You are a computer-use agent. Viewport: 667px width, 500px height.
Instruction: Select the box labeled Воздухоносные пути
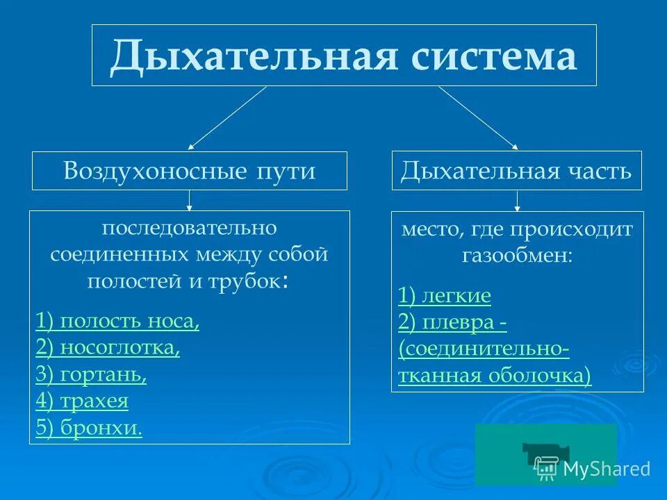[189, 171]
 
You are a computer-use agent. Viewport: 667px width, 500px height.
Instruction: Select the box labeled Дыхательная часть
[516, 171]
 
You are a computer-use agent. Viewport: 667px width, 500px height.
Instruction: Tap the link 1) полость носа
[117, 322]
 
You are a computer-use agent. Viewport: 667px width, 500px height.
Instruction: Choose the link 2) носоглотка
[108, 348]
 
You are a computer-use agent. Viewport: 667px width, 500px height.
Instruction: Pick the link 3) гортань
[91, 374]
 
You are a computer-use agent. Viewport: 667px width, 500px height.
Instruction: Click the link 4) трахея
[82, 401]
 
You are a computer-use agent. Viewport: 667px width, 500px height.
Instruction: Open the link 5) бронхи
[89, 428]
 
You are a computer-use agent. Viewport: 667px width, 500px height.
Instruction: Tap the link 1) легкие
[445, 296]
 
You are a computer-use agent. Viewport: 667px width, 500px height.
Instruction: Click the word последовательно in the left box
[189, 228]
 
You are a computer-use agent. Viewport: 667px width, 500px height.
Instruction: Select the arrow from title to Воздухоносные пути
[228, 117]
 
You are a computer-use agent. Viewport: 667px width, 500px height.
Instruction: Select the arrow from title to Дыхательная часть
[478, 117]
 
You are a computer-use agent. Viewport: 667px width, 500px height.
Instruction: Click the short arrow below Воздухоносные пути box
[189, 201]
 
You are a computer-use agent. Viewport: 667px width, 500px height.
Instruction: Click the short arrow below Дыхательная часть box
[517, 201]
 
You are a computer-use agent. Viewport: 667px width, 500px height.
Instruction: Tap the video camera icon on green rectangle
[541, 455]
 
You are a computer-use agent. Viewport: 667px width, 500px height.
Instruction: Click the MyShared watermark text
[606, 469]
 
